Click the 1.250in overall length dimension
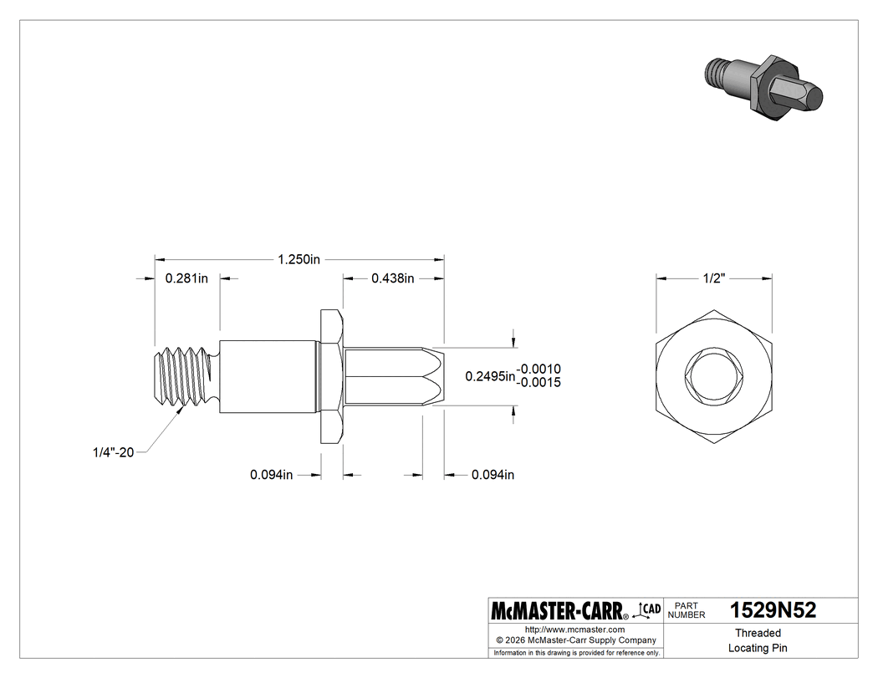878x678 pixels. [x=299, y=260]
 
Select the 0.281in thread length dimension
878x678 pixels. [x=186, y=278]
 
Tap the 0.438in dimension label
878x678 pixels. [x=393, y=278]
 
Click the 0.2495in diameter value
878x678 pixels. [x=490, y=376]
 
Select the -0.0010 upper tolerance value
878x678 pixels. [x=539, y=369]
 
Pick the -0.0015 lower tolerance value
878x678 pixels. [x=539, y=383]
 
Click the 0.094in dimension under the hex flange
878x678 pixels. [x=271, y=475]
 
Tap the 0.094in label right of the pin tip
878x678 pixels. [x=493, y=475]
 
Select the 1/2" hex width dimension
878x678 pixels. [x=713, y=278]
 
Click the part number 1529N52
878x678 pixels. [x=773, y=610]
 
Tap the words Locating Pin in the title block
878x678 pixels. [x=758, y=648]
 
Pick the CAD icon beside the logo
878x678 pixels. [x=651, y=609]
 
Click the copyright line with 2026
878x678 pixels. [x=575, y=640]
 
